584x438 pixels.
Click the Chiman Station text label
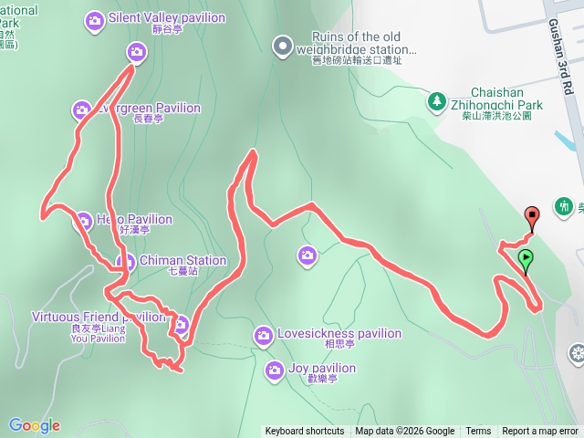point(184,261)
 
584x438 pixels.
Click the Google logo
point(35,425)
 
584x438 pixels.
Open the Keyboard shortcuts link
point(305,432)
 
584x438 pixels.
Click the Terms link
point(478,432)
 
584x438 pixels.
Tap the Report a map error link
point(540,432)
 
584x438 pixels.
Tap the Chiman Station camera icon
point(125,263)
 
